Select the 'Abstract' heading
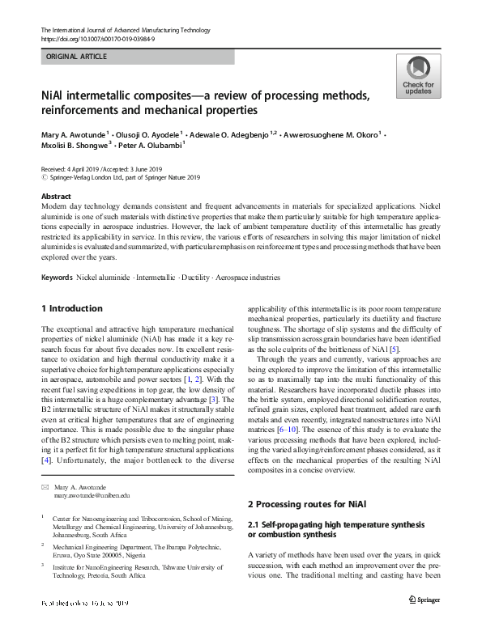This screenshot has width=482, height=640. tap(56, 197)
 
